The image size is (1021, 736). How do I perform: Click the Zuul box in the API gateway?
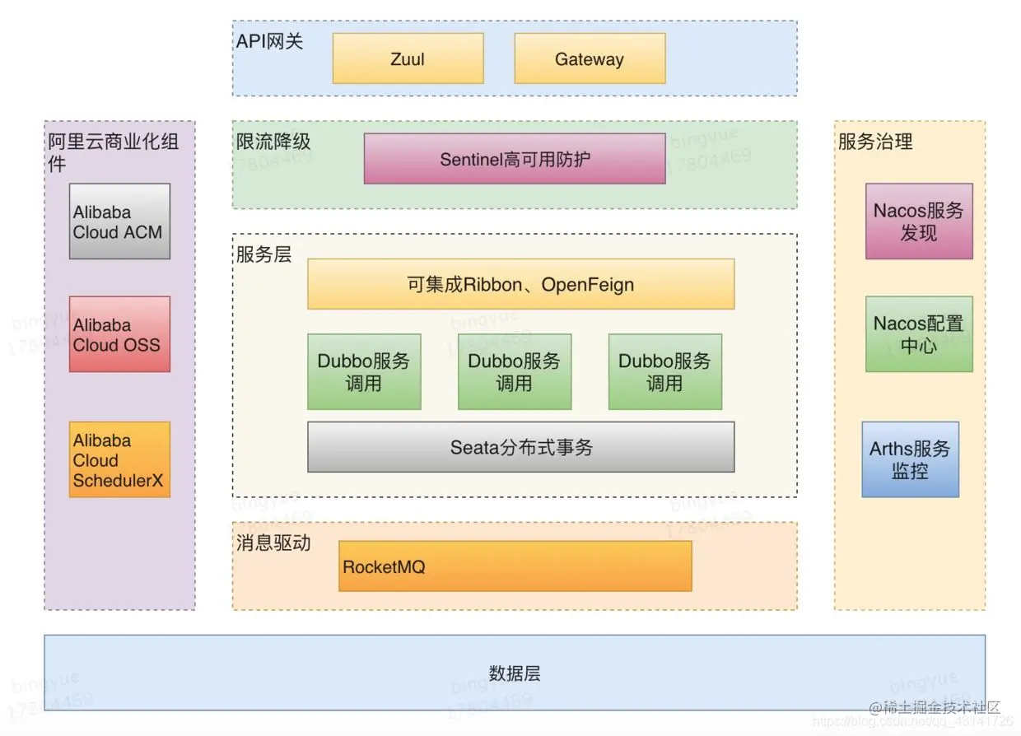click(x=408, y=58)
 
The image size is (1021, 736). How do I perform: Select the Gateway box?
click(x=590, y=58)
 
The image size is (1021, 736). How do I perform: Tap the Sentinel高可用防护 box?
click(x=515, y=159)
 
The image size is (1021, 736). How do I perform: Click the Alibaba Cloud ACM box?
click(x=119, y=221)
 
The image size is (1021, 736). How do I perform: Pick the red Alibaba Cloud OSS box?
click(x=119, y=334)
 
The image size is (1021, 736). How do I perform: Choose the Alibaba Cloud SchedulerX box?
click(x=119, y=459)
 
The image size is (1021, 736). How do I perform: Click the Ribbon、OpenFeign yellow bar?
click(x=520, y=285)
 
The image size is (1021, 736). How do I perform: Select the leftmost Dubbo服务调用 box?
click(x=364, y=371)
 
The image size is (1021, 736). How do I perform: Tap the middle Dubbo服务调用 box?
click(x=515, y=371)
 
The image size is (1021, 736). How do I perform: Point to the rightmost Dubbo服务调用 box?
click(x=665, y=371)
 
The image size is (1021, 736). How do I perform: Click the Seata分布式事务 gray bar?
click(x=520, y=447)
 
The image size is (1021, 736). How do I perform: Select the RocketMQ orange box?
click(x=515, y=566)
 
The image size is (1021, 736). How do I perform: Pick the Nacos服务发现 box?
click(x=919, y=221)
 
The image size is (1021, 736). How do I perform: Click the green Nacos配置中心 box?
click(x=919, y=334)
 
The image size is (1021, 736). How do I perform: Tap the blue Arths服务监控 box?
click(x=910, y=459)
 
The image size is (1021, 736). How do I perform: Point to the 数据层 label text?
click(x=515, y=673)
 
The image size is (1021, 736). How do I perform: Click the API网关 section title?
click(x=270, y=41)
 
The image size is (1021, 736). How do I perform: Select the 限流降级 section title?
click(x=273, y=141)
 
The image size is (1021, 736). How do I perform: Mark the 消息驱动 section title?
click(x=273, y=543)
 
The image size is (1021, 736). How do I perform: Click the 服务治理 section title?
click(x=875, y=142)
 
